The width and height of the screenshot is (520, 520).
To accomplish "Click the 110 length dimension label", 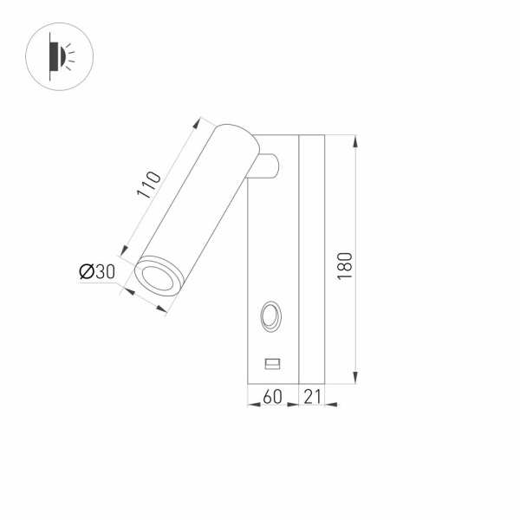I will tap(149, 185).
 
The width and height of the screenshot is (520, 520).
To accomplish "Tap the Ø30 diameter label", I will tap(97, 271).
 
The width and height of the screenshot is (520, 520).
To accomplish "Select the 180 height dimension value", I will tap(344, 265).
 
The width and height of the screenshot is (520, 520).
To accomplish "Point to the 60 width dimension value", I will tap(272, 396).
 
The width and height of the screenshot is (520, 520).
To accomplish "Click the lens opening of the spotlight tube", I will tap(158, 278).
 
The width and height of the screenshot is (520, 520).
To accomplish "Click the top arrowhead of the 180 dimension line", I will tap(356, 140).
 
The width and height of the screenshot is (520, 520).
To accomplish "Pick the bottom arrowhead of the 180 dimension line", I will tap(356, 379).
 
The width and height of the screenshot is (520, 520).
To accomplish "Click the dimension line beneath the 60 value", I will tap(273, 405).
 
